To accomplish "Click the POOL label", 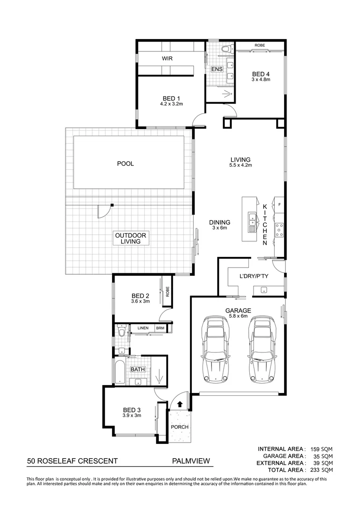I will coord(125,164).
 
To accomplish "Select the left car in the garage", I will coord(215,349).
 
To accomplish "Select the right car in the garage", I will coord(262,349).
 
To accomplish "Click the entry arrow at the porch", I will coord(180,403).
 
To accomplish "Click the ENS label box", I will coord(217,69).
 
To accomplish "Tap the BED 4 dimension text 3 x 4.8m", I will coord(261,80).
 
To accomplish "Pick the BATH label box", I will coord(138,369).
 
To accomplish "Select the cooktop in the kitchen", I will coord(279,230).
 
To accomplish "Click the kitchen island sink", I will coord(253,218).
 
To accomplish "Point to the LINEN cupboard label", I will coord(143,328).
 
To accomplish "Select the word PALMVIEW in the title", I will coord(190,462).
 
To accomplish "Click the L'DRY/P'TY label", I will coord(254,276).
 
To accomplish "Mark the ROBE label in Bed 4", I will coord(260,45).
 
